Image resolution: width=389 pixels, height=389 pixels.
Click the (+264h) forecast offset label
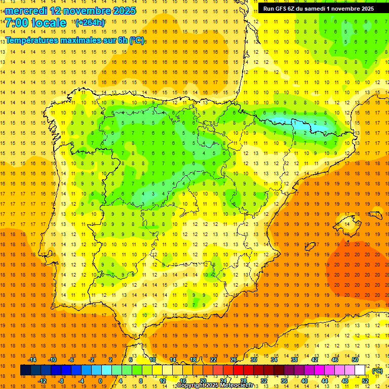tap(90, 23)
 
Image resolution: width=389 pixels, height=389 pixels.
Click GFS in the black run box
tap(283, 9)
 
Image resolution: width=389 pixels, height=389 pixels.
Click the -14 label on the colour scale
tap(32, 360)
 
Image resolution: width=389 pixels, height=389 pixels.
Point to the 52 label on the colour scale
tap(365, 381)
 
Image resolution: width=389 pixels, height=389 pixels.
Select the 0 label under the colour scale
tap(100, 381)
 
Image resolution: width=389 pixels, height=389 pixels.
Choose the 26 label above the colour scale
tap(234, 360)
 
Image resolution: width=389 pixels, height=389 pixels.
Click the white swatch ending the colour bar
tap(360, 370)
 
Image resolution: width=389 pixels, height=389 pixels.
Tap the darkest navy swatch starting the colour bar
tap(25, 370)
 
